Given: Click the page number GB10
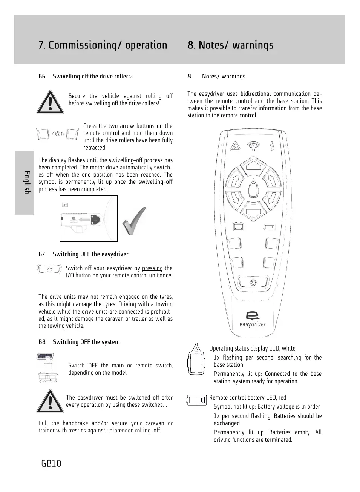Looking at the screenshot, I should [x=51, y=463].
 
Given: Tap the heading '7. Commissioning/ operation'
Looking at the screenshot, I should [x=103, y=45].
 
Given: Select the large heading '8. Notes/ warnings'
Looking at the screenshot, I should [x=230, y=45].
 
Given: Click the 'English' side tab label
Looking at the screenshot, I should [x=26, y=183].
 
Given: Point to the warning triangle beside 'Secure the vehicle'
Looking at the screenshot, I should [x=50, y=102].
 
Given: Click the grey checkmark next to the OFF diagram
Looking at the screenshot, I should [x=134, y=221].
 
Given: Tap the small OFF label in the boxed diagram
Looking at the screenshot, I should [x=65, y=205].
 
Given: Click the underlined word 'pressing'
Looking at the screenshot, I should [x=152, y=268].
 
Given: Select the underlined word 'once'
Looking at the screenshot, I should [x=165, y=275].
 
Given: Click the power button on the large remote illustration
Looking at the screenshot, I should [x=253, y=282].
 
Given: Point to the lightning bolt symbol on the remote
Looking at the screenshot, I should [x=272, y=146].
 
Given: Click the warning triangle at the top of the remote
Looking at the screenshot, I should [x=235, y=146].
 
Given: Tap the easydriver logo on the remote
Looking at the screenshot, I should [x=253, y=319].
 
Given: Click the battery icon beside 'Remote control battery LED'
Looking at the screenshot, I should [x=196, y=400].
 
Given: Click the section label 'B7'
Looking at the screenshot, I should [x=41, y=254].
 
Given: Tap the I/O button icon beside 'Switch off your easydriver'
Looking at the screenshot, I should [x=49, y=269].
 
